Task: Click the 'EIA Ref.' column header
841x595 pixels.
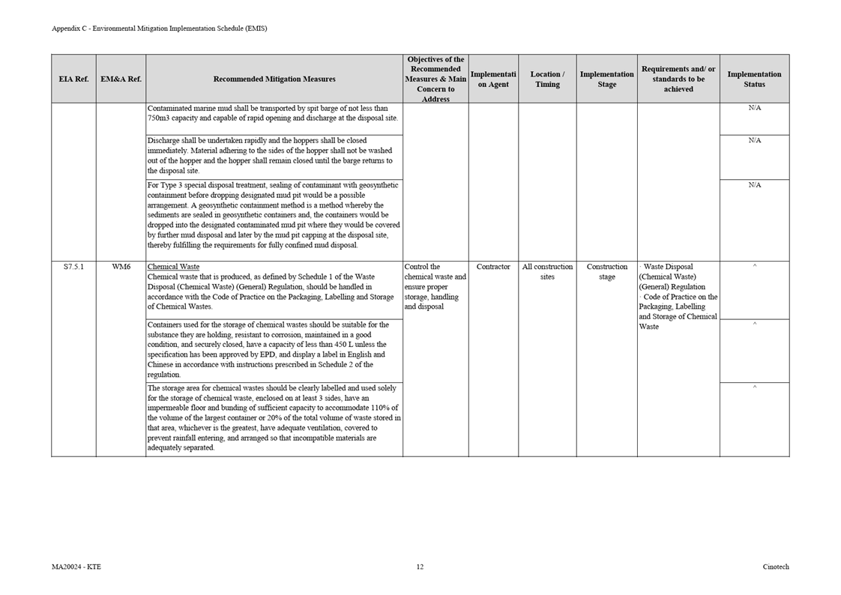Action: coord(73,79)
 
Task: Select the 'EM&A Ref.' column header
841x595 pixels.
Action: coord(121,79)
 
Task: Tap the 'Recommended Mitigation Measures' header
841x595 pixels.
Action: coord(274,79)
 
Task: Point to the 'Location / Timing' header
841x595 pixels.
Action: coord(547,79)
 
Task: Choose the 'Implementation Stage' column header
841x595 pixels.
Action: coord(606,79)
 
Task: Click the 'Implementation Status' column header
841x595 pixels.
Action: coord(754,79)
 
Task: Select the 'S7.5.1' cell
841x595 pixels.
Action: coord(73,267)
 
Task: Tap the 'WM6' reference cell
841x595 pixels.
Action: coord(121,267)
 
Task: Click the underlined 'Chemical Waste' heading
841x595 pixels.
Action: coord(173,267)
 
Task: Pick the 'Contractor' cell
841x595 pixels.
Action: coord(493,267)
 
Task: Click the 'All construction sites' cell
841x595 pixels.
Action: coord(547,271)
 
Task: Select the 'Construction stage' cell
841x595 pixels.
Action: coord(606,271)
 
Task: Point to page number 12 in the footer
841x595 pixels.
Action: coord(420,567)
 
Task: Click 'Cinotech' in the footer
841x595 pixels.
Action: coord(776,567)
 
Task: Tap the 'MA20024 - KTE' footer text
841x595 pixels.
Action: coord(76,567)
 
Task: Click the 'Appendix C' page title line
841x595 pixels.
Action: coord(159,28)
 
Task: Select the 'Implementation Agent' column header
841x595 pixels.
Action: coord(493,79)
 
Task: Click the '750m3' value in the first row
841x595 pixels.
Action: coord(159,118)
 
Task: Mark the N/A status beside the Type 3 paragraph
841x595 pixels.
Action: coord(754,185)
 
